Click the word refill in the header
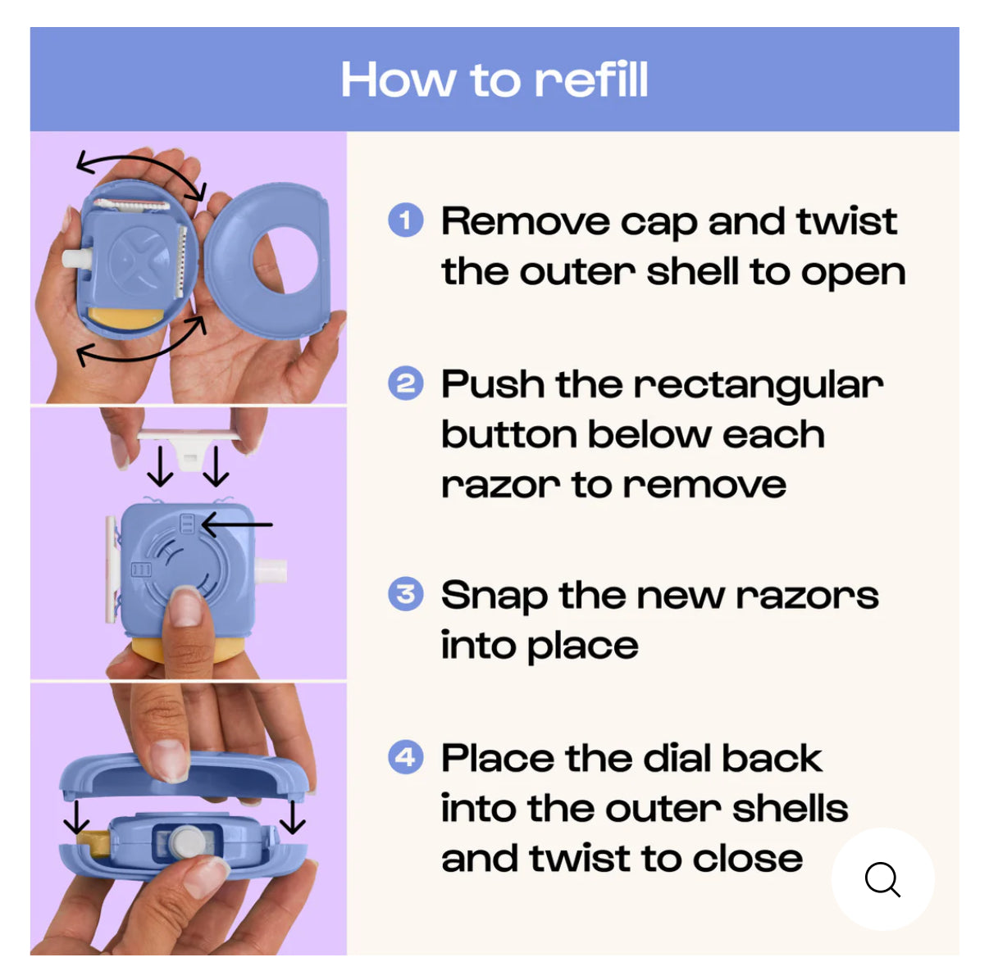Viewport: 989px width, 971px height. [x=590, y=79]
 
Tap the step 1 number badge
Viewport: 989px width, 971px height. [x=405, y=220]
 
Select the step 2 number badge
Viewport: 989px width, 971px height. [x=405, y=383]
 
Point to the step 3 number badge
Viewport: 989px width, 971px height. [x=405, y=594]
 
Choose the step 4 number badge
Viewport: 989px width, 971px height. [x=405, y=757]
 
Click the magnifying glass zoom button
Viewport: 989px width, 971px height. [x=882, y=879]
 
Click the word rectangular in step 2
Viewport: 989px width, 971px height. [x=759, y=385]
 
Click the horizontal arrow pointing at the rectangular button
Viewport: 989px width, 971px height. [x=237, y=524]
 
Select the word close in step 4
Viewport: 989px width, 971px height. [x=747, y=859]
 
